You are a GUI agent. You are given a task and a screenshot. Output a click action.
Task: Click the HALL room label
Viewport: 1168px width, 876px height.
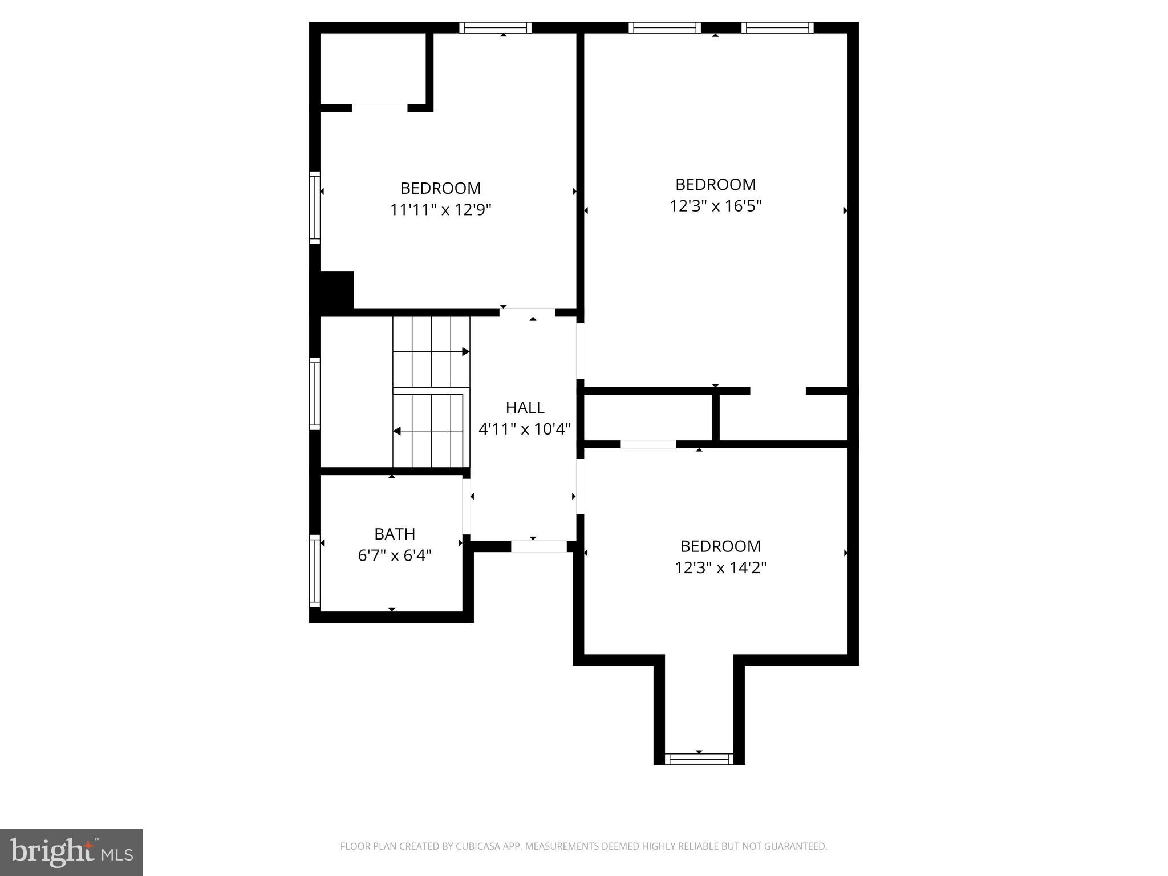(525, 407)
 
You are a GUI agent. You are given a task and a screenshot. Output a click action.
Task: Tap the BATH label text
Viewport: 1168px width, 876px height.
(395, 534)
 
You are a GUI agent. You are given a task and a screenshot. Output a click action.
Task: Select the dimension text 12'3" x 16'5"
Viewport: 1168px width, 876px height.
(716, 206)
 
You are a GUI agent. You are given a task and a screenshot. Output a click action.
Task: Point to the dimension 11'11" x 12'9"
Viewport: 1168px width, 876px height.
(440, 210)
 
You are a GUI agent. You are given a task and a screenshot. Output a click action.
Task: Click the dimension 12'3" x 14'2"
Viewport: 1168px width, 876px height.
(720, 567)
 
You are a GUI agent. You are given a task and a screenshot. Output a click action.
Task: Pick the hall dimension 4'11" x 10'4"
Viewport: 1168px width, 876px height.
(525, 429)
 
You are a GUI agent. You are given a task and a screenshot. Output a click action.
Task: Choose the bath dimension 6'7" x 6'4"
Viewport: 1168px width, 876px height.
(395, 555)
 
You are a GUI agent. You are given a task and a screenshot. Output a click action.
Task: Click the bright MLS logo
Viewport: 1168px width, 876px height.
(71, 852)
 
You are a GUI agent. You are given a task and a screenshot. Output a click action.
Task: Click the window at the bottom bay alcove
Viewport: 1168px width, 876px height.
(699, 759)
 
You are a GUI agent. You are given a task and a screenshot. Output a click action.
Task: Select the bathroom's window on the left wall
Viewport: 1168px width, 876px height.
(314, 571)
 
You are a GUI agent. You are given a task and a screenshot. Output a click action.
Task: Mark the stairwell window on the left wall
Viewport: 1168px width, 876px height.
(314, 393)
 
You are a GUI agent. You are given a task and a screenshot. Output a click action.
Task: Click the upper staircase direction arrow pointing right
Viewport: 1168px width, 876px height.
(465, 352)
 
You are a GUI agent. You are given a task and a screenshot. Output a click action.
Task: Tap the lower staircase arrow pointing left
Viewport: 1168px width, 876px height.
(397, 431)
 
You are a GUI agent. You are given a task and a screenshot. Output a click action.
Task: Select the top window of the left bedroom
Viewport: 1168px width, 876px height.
(495, 27)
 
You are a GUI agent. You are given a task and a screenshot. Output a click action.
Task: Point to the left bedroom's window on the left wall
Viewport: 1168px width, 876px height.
(314, 207)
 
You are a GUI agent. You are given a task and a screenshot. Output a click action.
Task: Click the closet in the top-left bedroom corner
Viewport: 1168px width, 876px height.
(373, 68)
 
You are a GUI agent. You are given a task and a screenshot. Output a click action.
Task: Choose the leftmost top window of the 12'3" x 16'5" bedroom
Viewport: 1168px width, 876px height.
(664, 27)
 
